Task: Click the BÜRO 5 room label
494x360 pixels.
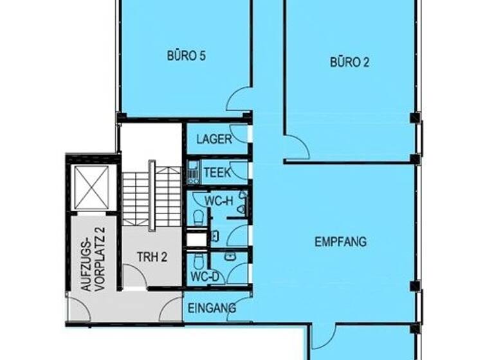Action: (x=186, y=56)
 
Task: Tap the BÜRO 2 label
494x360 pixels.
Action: (x=349, y=62)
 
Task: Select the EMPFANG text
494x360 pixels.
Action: (x=340, y=242)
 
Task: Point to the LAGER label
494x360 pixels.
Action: (x=214, y=139)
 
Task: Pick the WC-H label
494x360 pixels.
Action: (x=219, y=200)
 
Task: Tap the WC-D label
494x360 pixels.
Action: (x=205, y=277)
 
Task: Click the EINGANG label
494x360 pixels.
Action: (x=212, y=309)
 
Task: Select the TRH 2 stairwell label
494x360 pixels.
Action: (x=152, y=256)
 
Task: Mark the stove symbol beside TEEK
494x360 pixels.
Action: (x=192, y=172)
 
